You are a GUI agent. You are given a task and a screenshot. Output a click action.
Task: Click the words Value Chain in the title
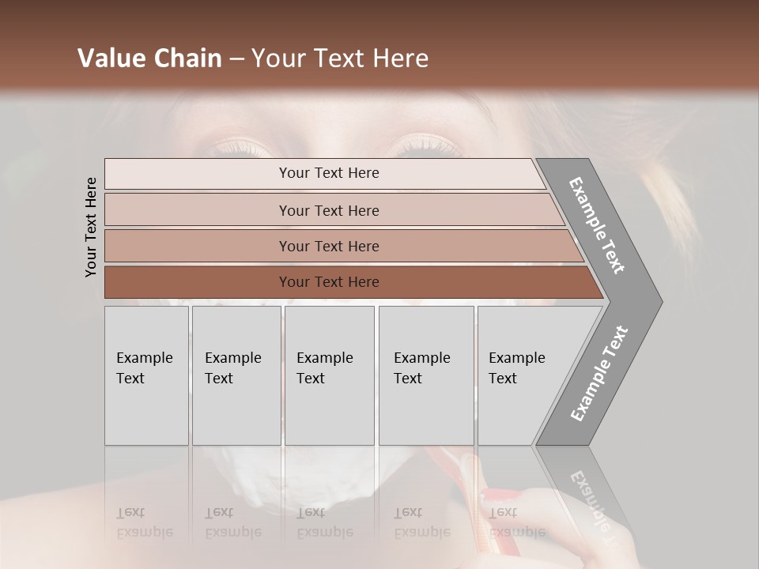pos(149,58)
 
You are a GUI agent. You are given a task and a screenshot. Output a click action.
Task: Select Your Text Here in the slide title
pos(340,58)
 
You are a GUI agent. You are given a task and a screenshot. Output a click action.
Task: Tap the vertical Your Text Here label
pos(91,227)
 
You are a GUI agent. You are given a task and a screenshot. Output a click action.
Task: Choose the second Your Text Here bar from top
pos(329,210)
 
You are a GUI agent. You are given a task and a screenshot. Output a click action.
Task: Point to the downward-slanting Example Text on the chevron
pos(598,226)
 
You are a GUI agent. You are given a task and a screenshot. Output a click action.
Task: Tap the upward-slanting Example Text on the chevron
pos(599,374)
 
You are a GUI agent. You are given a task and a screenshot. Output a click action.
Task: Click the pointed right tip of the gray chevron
pos(659,301)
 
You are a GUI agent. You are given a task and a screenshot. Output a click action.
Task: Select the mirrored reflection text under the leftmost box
pos(145,522)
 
